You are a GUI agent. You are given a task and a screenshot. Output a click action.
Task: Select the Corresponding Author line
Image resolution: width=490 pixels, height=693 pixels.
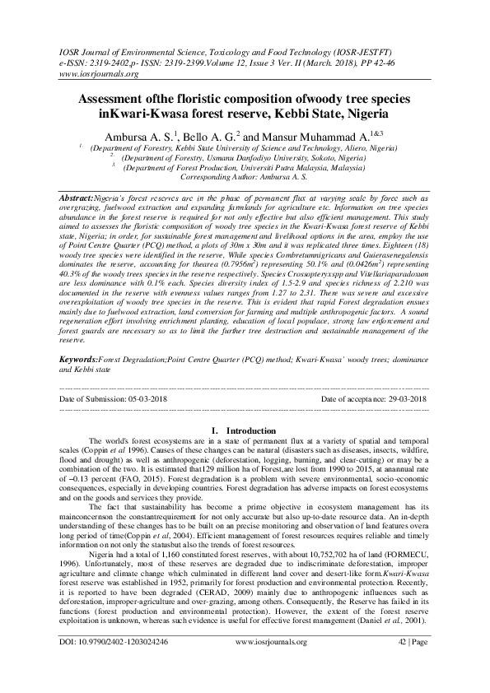point(245,176)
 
